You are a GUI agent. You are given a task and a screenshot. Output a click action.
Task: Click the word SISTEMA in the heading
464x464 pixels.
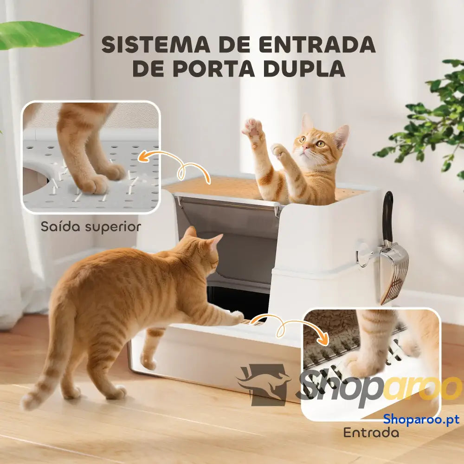pyautogui.click(x=155, y=45)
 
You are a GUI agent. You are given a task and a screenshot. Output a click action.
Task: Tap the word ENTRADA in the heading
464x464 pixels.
pyautogui.click(x=317, y=45)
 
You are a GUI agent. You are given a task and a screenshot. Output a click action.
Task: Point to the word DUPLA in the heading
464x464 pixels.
pyautogui.click(x=304, y=69)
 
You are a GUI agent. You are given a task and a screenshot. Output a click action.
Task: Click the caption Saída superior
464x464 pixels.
pyautogui.click(x=91, y=227)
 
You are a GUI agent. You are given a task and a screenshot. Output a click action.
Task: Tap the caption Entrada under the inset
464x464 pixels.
pyautogui.click(x=371, y=433)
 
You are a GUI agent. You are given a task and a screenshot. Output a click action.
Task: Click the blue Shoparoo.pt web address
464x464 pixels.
pyautogui.click(x=421, y=419)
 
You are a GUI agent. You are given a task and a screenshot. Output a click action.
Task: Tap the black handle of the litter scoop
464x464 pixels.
pyautogui.click(x=387, y=216)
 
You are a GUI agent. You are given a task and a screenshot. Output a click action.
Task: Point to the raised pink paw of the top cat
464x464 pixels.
pyautogui.click(x=253, y=129)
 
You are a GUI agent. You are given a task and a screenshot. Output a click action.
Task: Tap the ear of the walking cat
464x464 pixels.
pyautogui.click(x=216, y=240)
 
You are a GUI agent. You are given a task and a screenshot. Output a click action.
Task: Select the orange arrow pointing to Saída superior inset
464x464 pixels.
pyautogui.click(x=174, y=166)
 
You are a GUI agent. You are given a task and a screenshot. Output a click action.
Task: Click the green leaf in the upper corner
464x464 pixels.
pyautogui.click(x=36, y=35)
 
